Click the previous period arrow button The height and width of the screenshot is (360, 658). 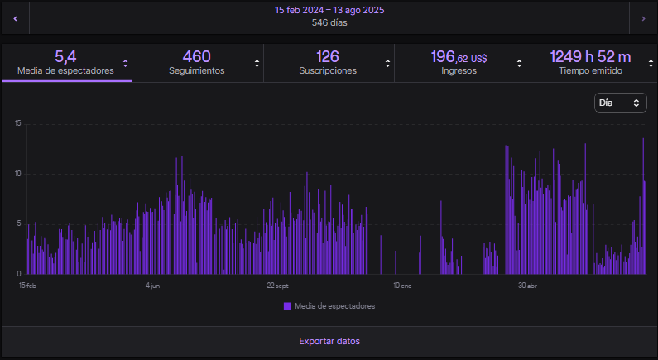click(x=15, y=17)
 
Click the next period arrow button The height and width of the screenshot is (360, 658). click(x=643, y=17)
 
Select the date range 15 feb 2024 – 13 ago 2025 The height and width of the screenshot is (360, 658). click(x=329, y=11)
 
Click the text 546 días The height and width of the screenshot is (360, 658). click(x=329, y=23)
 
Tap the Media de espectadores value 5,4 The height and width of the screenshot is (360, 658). click(x=65, y=56)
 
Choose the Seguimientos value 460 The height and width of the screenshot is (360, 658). click(x=196, y=56)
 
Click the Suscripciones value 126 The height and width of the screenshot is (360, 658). click(x=328, y=56)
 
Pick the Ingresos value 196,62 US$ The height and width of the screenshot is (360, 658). click(x=459, y=57)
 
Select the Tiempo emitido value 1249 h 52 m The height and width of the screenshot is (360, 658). click(x=590, y=56)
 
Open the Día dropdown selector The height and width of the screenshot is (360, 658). click(x=620, y=103)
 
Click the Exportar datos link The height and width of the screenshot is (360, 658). click(x=329, y=341)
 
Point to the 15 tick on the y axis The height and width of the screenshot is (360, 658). click(x=18, y=124)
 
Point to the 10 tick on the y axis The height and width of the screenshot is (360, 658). click(x=18, y=174)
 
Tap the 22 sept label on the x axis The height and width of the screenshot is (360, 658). click(x=277, y=286)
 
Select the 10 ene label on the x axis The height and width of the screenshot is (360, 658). click(x=402, y=286)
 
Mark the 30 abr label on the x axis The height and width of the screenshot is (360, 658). click(x=527, y=286)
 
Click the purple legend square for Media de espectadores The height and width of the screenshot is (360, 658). click(x=287, y=306)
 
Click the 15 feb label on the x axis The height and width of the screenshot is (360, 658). click(x=28, y=286)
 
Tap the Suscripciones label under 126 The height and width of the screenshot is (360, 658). click(x=328, y=71)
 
